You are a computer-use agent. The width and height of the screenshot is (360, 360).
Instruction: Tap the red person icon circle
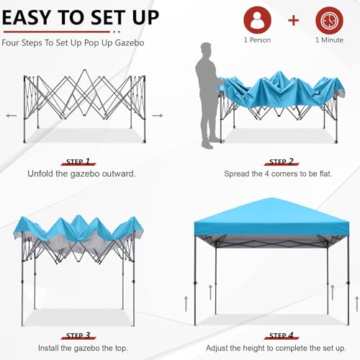(257, 20)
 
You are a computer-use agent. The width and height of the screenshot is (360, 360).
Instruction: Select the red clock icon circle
(328, 20)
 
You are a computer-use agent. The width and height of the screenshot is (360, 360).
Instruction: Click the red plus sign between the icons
(293, 20)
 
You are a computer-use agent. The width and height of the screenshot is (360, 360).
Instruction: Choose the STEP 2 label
(280, 162)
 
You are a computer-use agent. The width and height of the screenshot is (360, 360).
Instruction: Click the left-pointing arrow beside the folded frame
(12, 114)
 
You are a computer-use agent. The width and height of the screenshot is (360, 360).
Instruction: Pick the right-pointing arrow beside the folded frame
(158, 114)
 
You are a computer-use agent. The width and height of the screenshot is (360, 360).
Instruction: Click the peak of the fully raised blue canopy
(272, 199)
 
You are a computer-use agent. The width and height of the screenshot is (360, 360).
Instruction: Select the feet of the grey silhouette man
(208, 144)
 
